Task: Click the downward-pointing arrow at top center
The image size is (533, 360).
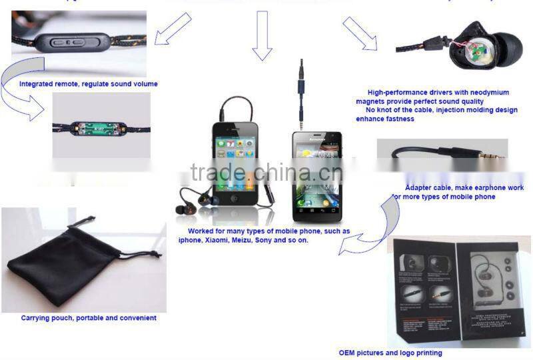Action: pyautogui.click(x=262, y=43)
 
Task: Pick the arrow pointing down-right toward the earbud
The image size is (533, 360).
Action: pyautogui.click(x=360, y=33)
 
